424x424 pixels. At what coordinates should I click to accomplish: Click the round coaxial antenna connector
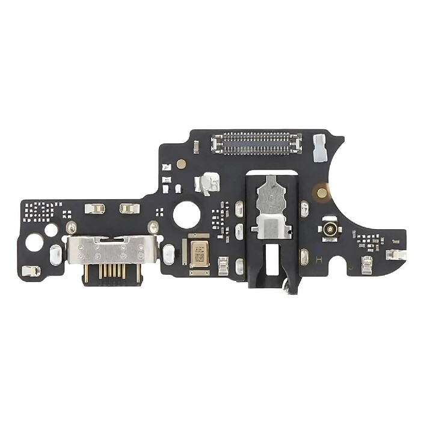[x=329, y=229]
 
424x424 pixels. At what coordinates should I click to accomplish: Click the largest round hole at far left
[x=35, y=242]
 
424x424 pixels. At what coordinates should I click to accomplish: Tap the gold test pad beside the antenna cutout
[x=322, y=193]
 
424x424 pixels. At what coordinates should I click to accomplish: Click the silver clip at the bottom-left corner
[x=31, y=271]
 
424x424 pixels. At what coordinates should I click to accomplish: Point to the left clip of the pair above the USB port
[x=95, y=209]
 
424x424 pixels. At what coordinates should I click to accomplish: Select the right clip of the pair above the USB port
[x=129, y=209]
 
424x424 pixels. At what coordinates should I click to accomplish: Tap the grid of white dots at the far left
[x=39, y=210]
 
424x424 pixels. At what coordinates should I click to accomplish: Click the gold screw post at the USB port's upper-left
[x=71, y=227]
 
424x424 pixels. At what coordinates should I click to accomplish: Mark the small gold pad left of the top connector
[x=181, y=163]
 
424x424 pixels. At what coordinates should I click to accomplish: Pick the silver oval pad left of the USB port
[x=55, y=254]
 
